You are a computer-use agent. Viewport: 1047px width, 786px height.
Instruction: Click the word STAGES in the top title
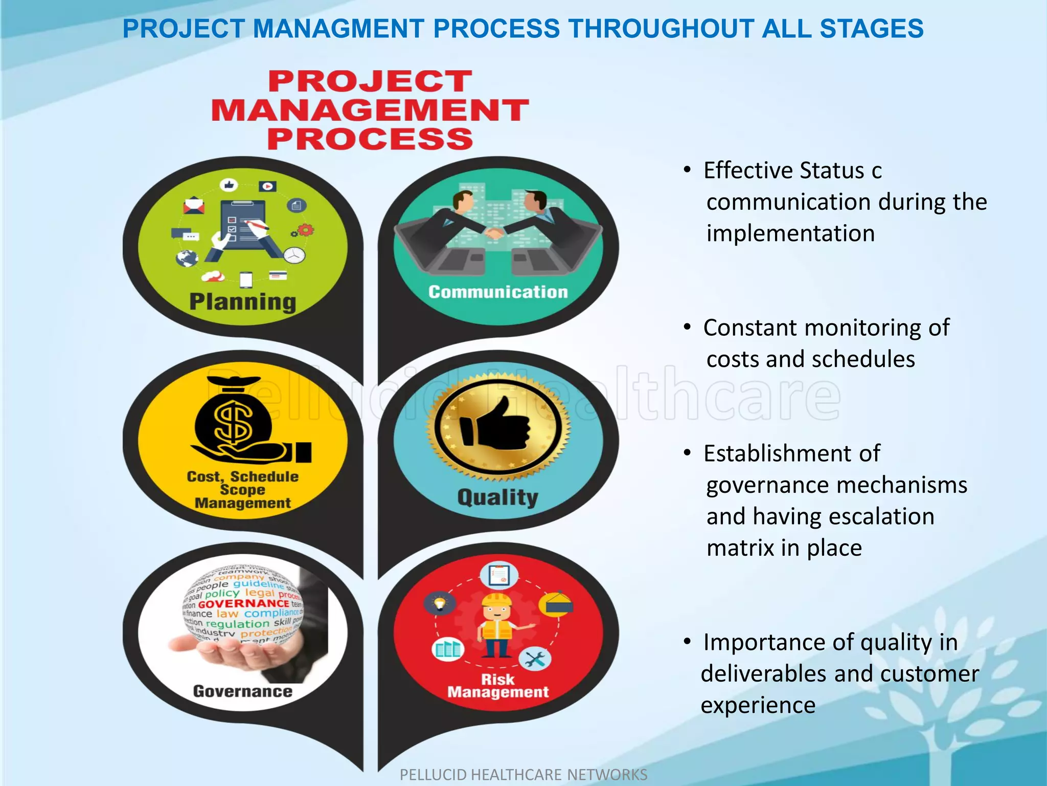pos(872,29)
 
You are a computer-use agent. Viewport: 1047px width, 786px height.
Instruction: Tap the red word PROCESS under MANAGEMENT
pos(370,139)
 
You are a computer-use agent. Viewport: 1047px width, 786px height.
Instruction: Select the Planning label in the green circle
pos(243,302)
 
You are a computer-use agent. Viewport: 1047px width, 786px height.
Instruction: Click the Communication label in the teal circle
pos(498,292)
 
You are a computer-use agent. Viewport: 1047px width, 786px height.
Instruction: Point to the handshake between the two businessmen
pos(494,234)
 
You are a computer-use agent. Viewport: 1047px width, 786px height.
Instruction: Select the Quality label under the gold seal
pos(497,497)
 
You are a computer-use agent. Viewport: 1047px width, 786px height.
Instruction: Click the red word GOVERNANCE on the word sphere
pos(243,604)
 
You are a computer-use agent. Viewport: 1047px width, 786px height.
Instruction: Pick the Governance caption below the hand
pos(243,691)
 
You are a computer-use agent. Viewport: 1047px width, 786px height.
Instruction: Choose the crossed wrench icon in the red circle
pos(535,659)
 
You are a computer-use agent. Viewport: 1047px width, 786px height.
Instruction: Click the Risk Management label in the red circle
pos(498,686)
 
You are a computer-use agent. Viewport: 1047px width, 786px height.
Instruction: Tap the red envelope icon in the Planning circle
pos(194,206)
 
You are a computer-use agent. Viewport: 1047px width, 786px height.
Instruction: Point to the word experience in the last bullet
pos(758,706)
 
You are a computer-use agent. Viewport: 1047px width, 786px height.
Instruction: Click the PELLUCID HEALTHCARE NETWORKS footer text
pos(523,775)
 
